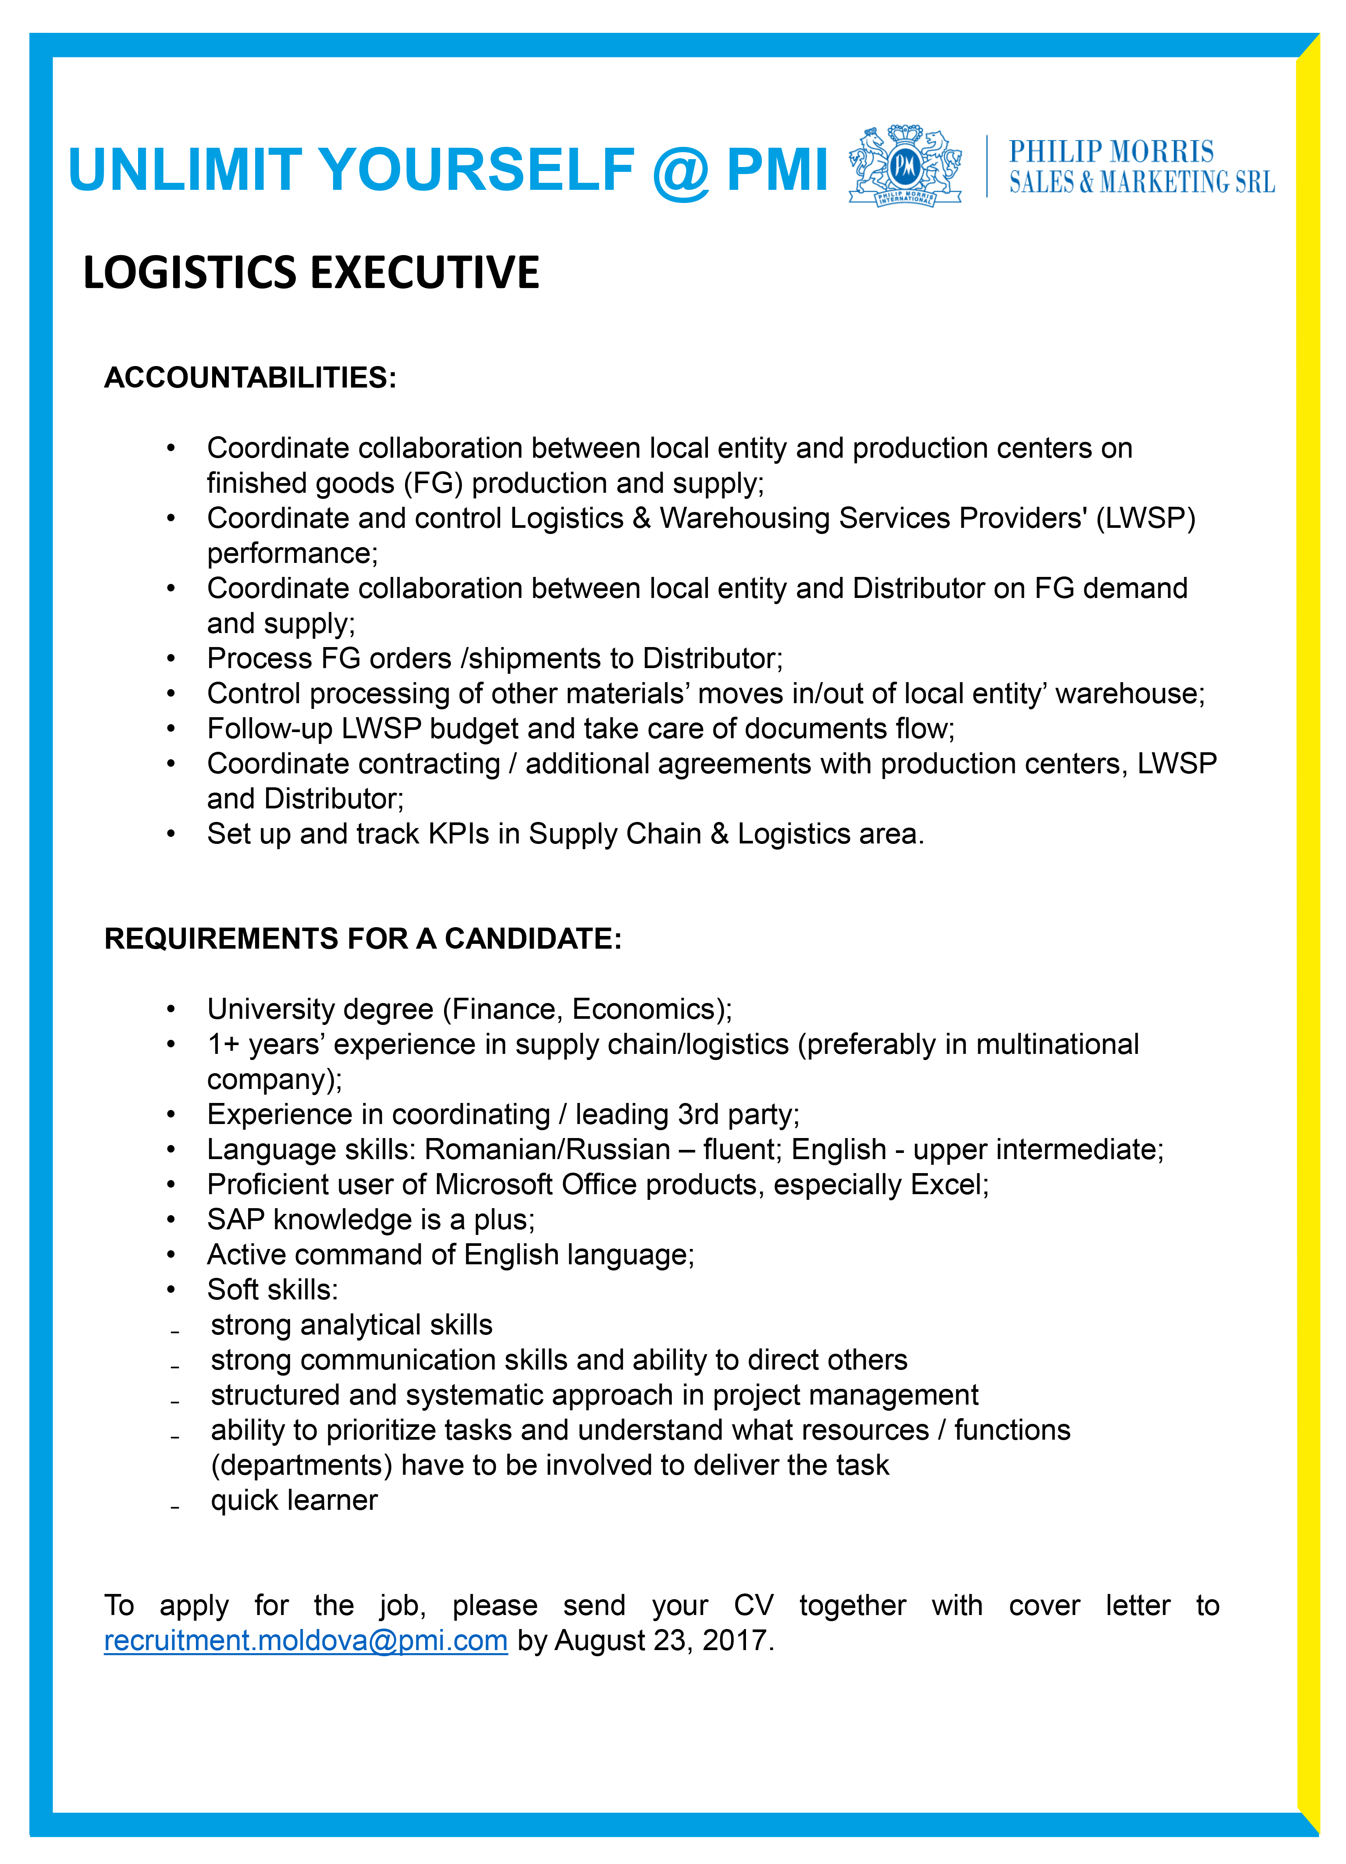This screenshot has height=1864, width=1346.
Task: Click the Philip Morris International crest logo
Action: click(x=905, y=167)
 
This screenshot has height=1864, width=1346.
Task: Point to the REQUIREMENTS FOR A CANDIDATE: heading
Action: click(x=362, y=939)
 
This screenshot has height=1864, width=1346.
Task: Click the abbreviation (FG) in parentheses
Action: click(x=433, y=483)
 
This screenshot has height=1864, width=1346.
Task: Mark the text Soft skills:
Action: click(x=272, y=1290)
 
